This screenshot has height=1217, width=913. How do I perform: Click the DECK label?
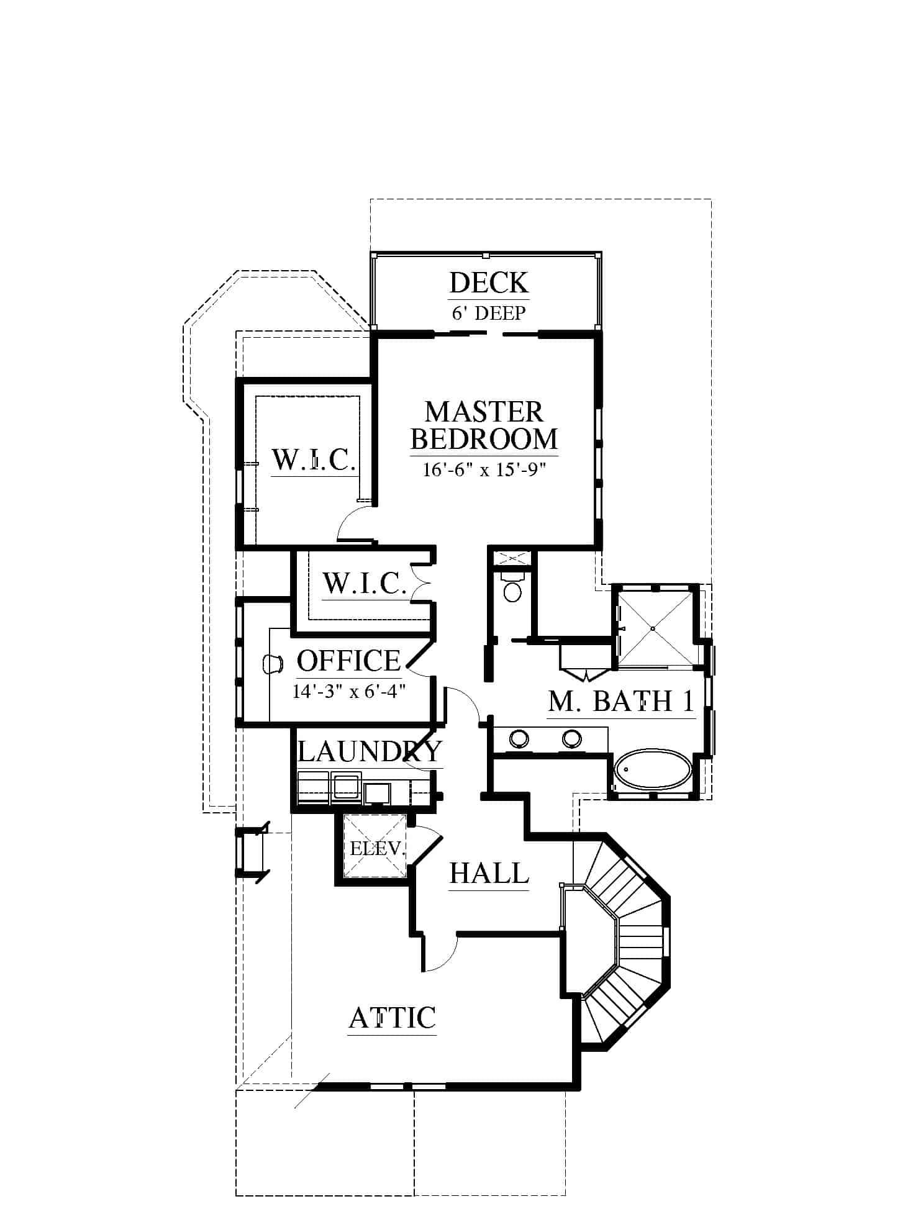click(x=489, y=283)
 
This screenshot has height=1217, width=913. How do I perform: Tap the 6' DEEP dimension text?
click(x=489, y=312)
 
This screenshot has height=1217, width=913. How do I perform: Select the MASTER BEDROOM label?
click(x=484, y=425)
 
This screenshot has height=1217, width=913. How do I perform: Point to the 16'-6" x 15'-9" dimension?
click(x=484, y=469)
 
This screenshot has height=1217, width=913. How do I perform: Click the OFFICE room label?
click(x=348, y=661)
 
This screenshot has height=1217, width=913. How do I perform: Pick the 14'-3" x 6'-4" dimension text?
click(x=349, y=690)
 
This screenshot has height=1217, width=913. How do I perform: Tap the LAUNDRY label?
click(x=370, y=751)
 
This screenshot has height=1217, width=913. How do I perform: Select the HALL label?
click(x=489, y=873)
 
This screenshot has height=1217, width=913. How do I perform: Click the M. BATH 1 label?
click(x=620, y=701)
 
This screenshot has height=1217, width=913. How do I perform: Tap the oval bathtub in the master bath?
click(x=653, y=770)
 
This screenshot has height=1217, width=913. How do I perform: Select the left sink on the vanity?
click(x=519, y=738)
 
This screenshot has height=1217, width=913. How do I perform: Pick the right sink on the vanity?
click(x=572, y=738)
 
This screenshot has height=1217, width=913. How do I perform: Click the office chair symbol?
click(x=273, y=664)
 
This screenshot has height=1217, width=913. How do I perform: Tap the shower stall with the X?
click(x=653, y=628)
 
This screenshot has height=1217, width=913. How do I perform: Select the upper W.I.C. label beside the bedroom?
click(x=314, y=460)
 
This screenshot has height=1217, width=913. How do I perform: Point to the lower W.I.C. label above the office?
click(x=365, y=584)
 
